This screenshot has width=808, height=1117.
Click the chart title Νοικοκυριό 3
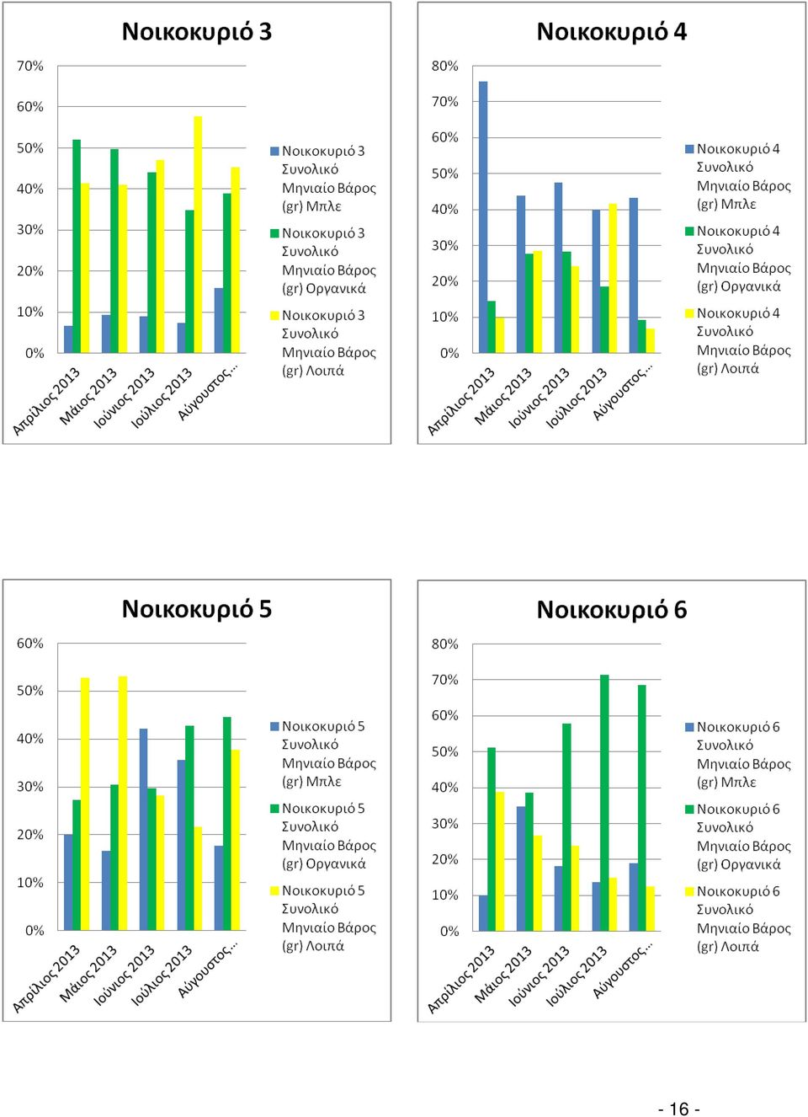tap(197, 31)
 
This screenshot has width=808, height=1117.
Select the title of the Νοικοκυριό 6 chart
tap(611, 609)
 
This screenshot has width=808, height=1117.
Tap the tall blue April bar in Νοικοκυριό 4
tap(483, 217)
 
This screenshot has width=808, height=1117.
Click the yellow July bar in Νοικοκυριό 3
tap(198, 234)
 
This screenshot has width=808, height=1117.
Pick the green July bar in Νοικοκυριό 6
tap(604, 803)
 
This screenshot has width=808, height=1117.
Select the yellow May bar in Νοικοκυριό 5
tap(123, 804)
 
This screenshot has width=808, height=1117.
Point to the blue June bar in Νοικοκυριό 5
tap(143, 830)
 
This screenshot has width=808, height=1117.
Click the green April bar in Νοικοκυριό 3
tap(77, 246)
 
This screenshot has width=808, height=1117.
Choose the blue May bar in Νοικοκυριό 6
tap(521, 868)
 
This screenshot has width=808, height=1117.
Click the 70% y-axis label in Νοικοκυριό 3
tap(30, 66)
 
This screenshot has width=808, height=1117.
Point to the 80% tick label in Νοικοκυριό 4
tap(445, 66)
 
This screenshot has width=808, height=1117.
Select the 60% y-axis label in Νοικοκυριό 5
tap(30, 644)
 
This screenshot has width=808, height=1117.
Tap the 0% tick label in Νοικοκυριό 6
tap(449, 932)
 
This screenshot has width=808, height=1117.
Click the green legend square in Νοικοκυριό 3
tap(274, 233)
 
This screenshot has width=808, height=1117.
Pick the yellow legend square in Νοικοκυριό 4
tap(689, 313)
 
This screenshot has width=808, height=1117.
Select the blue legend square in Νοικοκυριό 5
tap(274, 726)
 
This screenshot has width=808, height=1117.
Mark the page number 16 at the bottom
tap(679, 1109)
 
